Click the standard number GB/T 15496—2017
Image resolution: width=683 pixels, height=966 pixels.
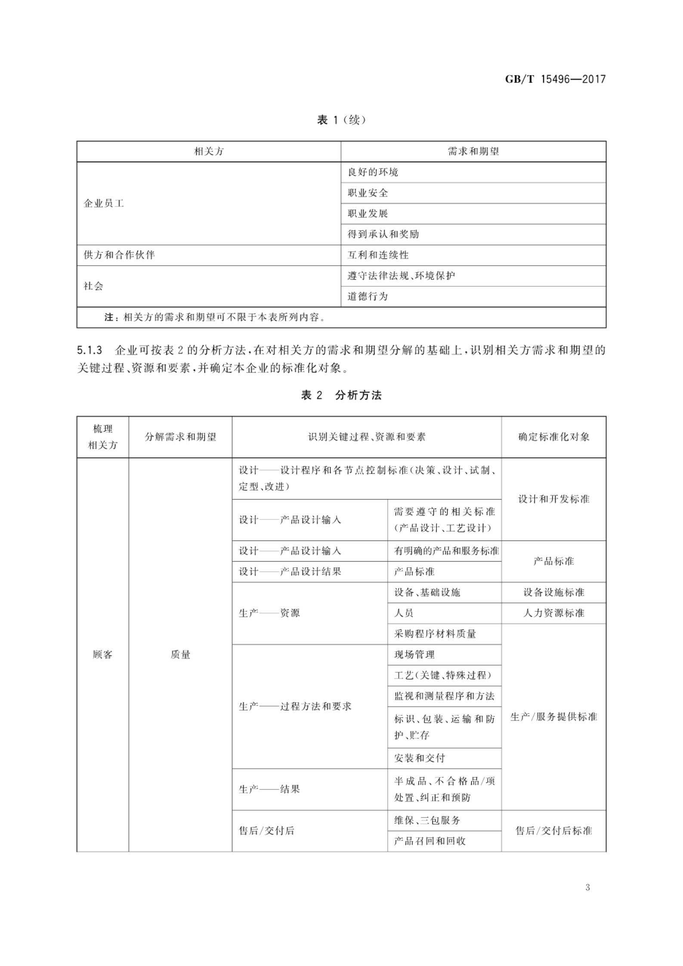[x=555, y=79]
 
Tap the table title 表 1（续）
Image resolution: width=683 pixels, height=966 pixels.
[x=341, y=120]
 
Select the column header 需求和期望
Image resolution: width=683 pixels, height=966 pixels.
[x=473, y=152]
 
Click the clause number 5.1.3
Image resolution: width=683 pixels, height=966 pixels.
[x=90, y=350]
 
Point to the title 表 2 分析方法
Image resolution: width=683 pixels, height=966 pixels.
[x=341, y=395]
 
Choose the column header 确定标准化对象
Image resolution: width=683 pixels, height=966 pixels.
[x=553, y=437]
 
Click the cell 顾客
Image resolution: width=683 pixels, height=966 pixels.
[x=102, y=655]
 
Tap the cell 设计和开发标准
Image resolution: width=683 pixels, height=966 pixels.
[x=553, y=499]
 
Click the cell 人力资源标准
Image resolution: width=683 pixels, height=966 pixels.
[x=553, y=613]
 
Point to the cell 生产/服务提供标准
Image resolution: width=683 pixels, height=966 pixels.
[x=553, y=717]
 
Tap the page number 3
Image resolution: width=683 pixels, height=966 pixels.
[x=587, y=888]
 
